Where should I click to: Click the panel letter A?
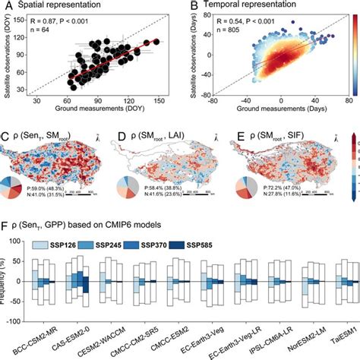coord(6,7)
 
